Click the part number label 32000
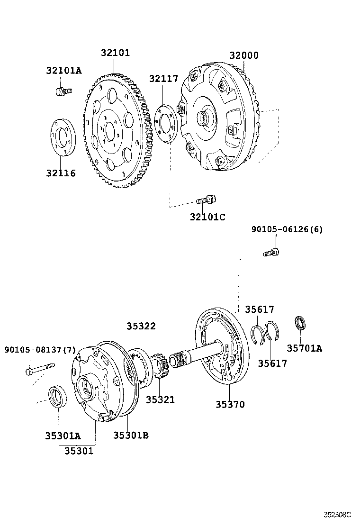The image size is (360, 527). pyautogui.click(x=244, y=55)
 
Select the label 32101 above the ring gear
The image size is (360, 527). pyautogui.click(x=115, y=53)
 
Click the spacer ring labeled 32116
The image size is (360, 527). pyautogui.click(x=62, y=137)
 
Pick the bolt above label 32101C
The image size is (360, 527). pyautogui.click(x=207, y=200)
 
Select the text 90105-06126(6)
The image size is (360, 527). pyautogui.click(x=287, y=229)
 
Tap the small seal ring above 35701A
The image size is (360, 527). pyautogui.click(x=300, y=324)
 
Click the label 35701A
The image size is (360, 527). pyautogui.click(x=304, y=348)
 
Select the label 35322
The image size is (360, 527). pyautogui.click(x=141, y=326)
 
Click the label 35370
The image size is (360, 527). pyautogui.click(x=230, y=404)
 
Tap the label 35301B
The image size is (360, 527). pyautogui.click(x=131, y=435)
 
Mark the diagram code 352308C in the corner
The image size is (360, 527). pyautogui.click(x=338, y=514)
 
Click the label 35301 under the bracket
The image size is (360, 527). pyautogui.click(x=79, y=451)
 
